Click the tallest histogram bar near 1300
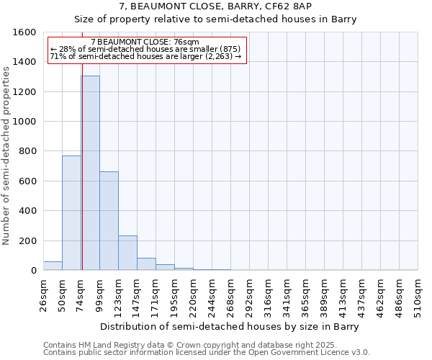90,173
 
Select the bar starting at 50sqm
71,213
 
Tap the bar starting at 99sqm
109,221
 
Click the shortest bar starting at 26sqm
53,266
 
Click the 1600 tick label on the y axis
24,32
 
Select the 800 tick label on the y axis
27,151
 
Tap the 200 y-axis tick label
27,240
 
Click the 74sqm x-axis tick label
81,294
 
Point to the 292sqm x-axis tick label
249,296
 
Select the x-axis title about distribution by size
229,326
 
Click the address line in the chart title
216,6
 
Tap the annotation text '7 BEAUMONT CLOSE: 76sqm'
150,42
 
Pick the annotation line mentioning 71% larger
146,56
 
